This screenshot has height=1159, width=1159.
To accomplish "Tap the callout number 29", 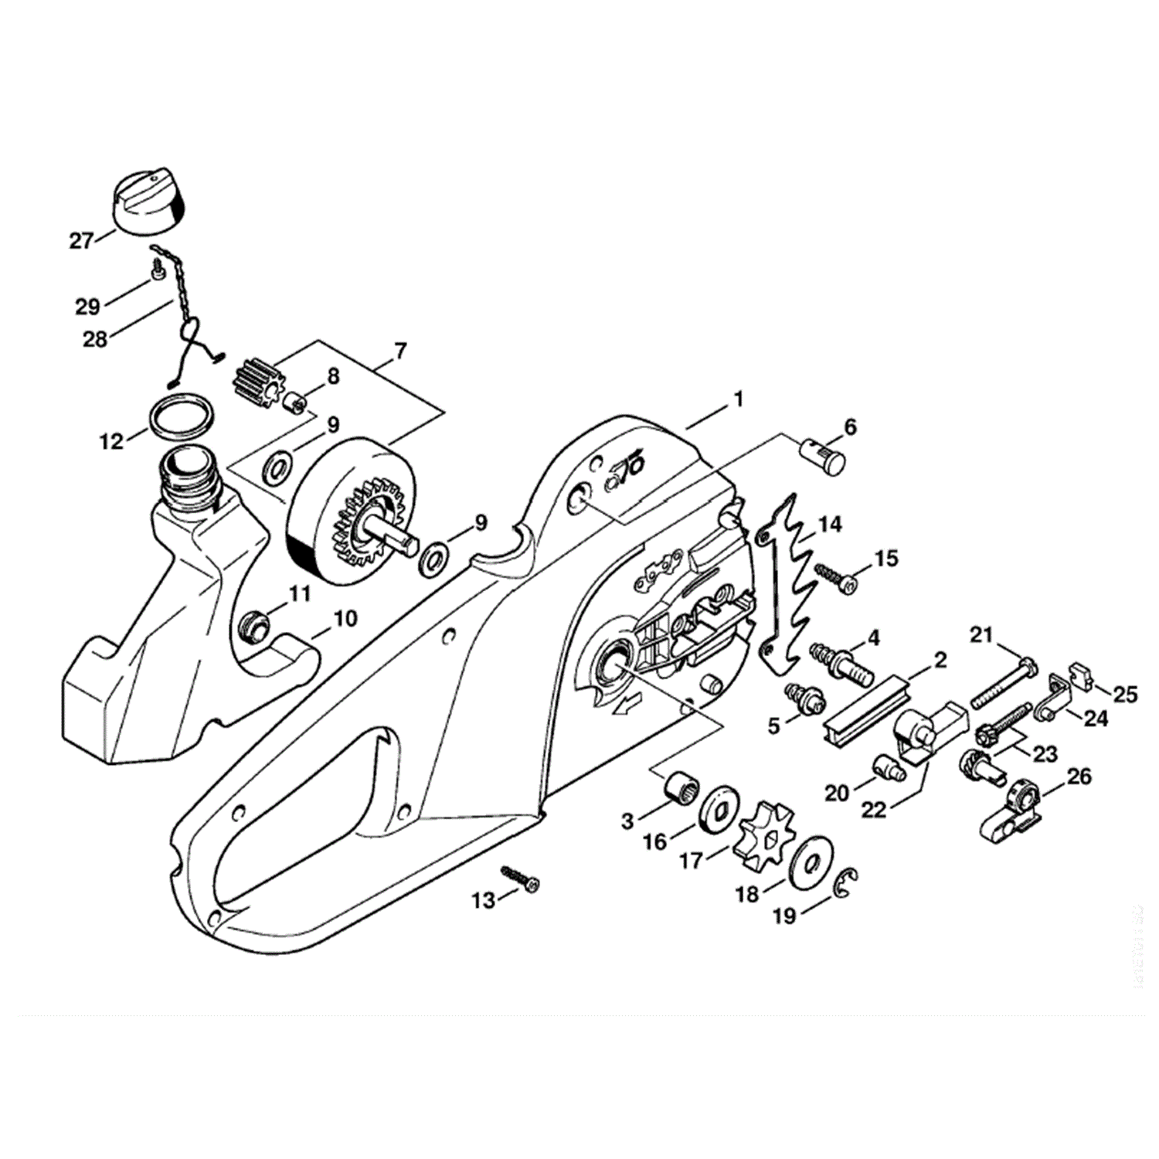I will tap(87, 306).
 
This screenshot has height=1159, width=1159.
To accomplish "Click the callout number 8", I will tap(332, 377).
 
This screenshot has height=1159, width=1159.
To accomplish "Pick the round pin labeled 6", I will tap(824, 457).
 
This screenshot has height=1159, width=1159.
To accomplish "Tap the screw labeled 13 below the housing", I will tap(522, 879).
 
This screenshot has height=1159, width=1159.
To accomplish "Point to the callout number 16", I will tap(654, 841).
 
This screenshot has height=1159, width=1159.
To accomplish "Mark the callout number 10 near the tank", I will tap(345, 619).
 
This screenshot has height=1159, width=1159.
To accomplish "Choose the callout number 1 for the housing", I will tap(738, 399).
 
